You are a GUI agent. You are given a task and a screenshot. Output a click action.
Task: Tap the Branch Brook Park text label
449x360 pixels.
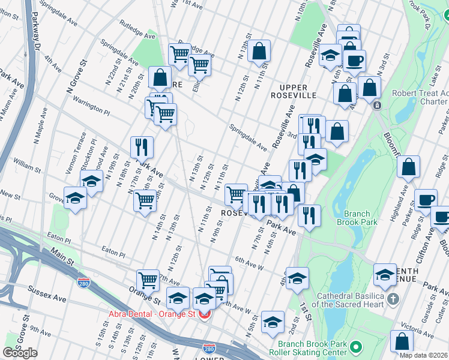[361, 218]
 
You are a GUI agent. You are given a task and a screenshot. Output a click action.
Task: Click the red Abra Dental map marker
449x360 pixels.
[205, 314]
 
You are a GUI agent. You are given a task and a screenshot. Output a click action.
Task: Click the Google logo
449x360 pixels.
[20, 353]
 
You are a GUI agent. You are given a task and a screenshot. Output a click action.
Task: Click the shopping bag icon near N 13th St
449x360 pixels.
[259, 52]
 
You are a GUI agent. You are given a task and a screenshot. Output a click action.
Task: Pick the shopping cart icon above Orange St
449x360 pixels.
[148, 280]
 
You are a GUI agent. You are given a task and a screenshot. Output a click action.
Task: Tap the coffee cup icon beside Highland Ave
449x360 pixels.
[426, 199]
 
